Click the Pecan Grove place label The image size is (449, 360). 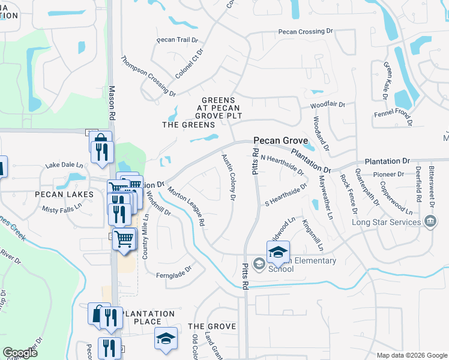click(281, 140)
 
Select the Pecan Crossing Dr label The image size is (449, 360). click(305, 31)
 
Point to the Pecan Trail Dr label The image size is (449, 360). click(173, 40)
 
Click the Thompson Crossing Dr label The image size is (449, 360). click(148, 76)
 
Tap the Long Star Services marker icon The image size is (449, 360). click(430, 222)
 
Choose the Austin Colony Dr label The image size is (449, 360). click(228, 176)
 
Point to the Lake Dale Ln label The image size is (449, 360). click(64, 164)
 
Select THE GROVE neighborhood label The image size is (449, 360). click(212, 326)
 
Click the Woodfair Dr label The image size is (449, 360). click(328, 104)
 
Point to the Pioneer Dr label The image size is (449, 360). click(388, 175)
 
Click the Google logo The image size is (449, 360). click(20, 353)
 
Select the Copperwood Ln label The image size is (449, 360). click(397, 204)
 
